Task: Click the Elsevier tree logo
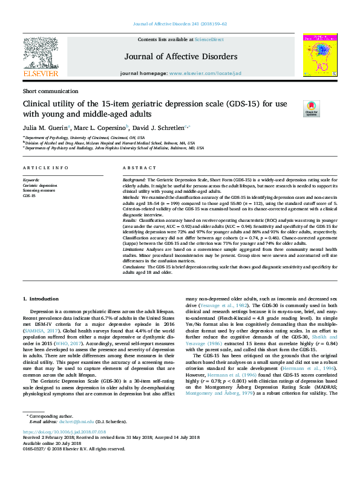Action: (x=40, y=53)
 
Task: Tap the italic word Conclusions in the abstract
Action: (x=136, y=266)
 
